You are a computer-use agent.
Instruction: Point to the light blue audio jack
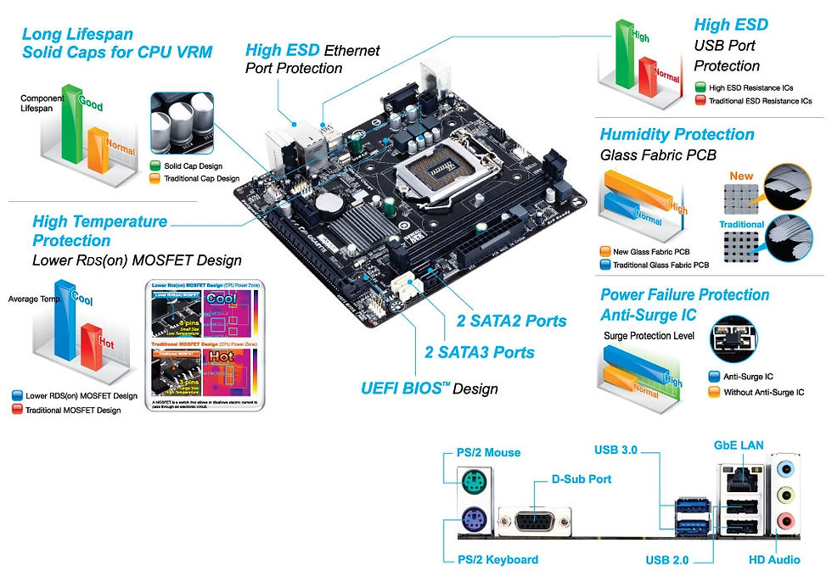click(785, 467)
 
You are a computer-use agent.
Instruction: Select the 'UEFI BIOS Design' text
click(429, 389)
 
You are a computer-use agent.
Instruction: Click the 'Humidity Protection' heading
click(677, 134)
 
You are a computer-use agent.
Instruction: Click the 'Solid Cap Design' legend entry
click(193, 165)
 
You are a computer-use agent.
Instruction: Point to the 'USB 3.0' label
click(616, 449)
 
